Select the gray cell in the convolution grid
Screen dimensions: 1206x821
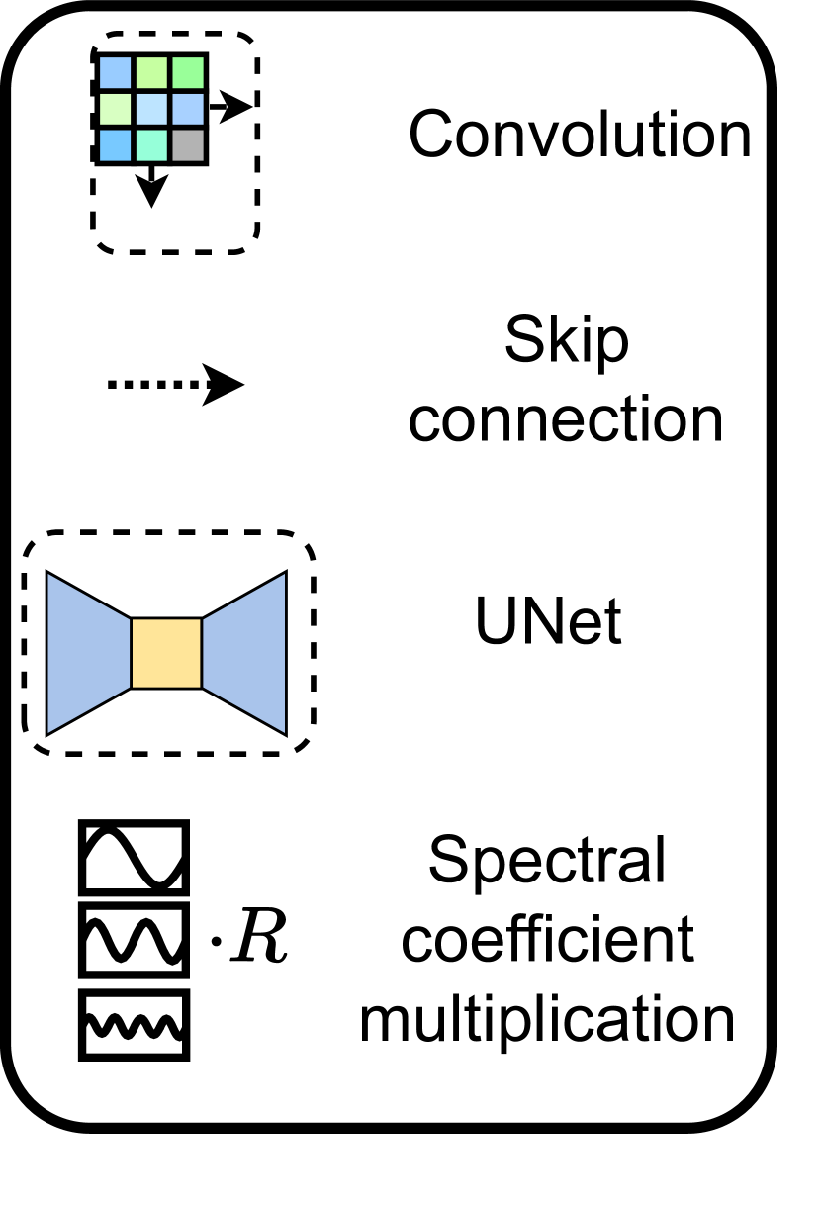point(187,145)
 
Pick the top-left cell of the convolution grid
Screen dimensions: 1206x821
point(115,71)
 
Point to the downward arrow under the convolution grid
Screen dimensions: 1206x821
point(150,187)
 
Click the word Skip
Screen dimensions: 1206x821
point(566,342)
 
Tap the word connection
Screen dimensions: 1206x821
point(567,419)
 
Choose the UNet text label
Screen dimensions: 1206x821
point(549,623)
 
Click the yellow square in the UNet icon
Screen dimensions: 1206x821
point(166,653)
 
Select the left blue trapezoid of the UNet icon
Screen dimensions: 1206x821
point(88,653)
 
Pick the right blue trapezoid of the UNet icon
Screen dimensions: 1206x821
point(244,653)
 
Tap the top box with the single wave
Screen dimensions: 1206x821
point(133,857)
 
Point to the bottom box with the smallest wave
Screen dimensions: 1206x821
point(133,1025)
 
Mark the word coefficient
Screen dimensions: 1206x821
point(547,941)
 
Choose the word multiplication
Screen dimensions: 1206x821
point(547,1020)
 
